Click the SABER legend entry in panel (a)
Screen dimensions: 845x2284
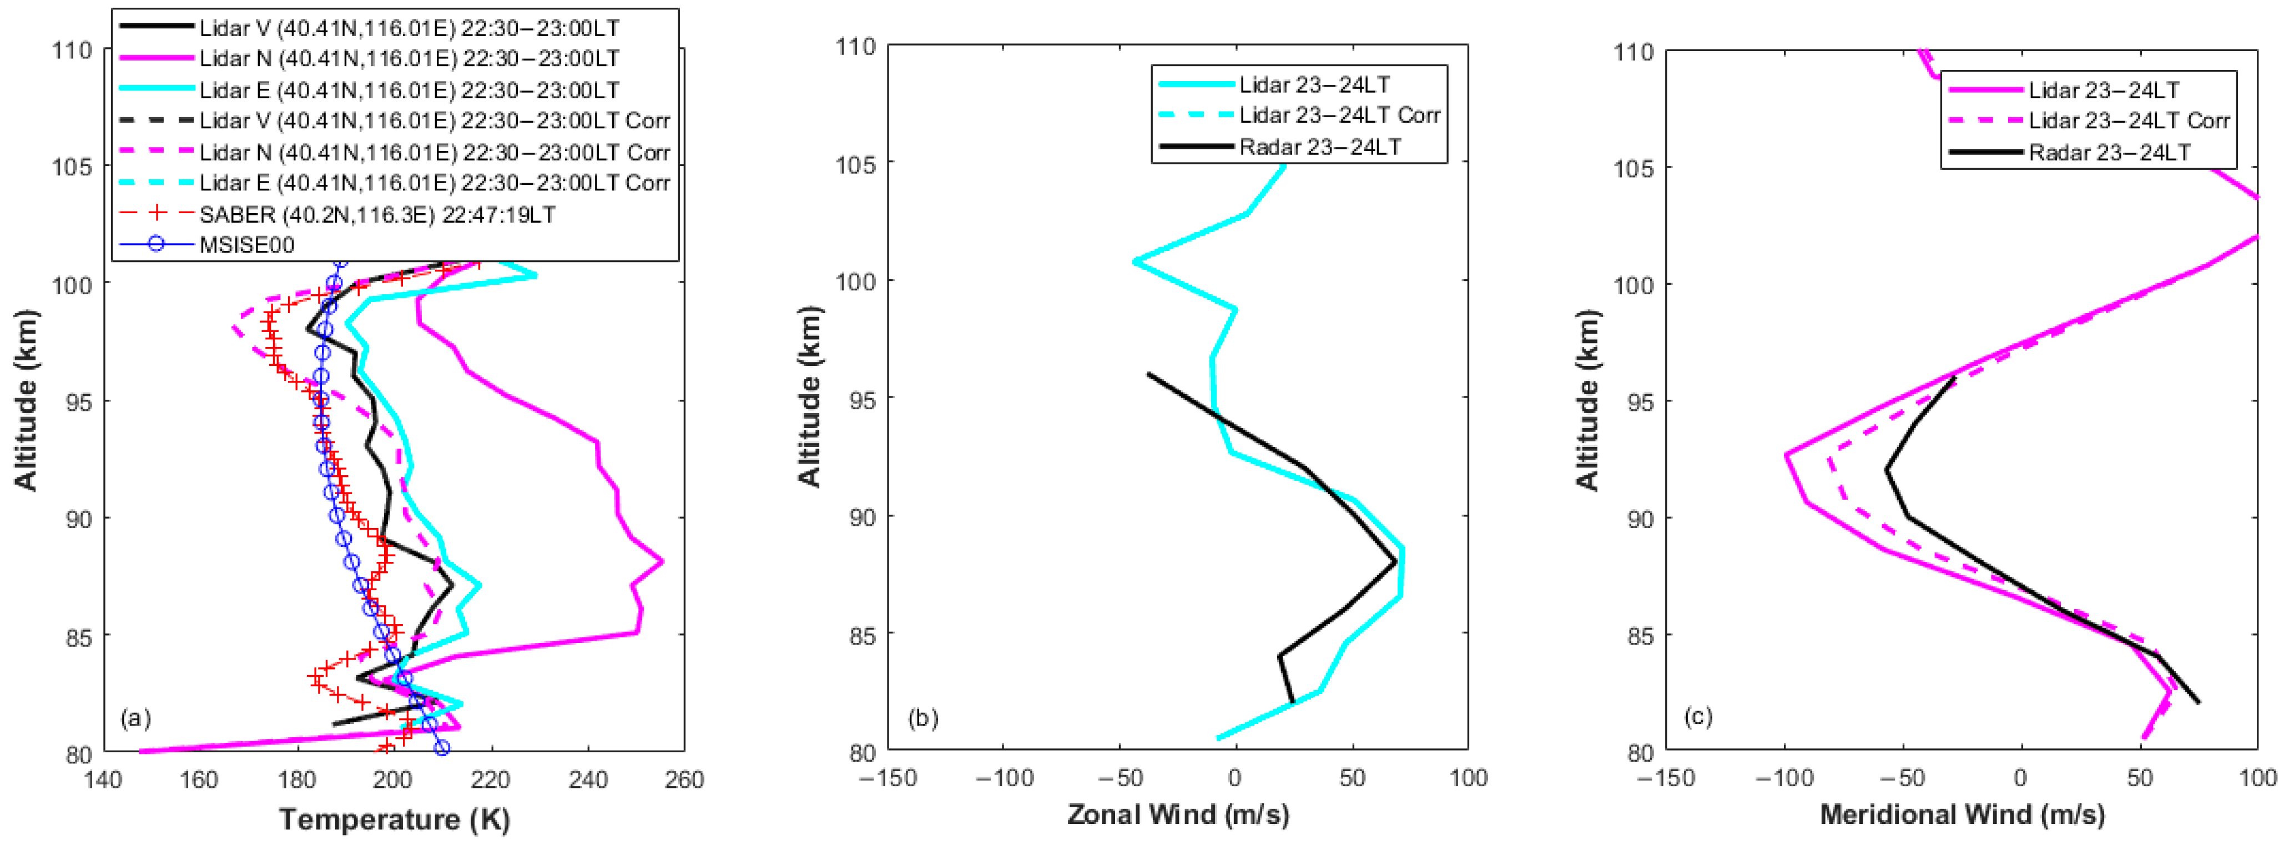pos(377,214)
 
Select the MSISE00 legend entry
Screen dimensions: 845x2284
pos(246,245)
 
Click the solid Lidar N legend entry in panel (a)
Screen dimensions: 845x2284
pos(409,58)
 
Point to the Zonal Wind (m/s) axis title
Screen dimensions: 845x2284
pos(1177,814)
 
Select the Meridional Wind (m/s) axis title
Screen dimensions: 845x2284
pos(1962,814)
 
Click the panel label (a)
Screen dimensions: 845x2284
pos(135,717)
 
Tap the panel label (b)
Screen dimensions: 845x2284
pos(923,717)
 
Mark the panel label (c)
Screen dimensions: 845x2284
pos(1698,716)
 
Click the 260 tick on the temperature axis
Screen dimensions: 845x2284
pos(684,779)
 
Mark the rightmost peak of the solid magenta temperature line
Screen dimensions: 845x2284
pos(662,561)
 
